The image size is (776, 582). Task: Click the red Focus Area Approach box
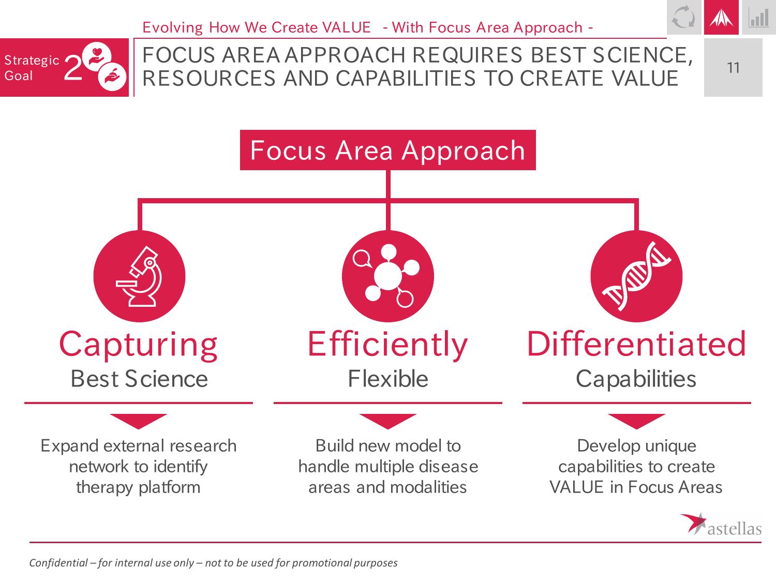pyautogui.click(x=388, y=150)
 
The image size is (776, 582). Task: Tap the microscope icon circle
pyautogui.click(x=139, y=276)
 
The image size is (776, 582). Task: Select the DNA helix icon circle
pyautogui.click(x=636, y=276)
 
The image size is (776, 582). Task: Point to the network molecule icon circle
pyautogui.click(x=388, y=276)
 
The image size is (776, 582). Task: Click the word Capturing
pyautogui.click(x=138, y=345)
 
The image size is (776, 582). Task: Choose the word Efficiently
pyautogui.click(x=388, y=345)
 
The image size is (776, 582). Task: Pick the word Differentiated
pyautogui.click(x=636, y=344)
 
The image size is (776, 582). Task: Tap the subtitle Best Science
pyautogui.click(x=139, y=379)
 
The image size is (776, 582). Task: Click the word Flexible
pyautogui.click(x=388, y=379)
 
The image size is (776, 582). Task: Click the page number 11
pyautogui.click(x=733, y=68)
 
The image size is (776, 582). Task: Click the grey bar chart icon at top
pyautogui.click(x=759, y=18)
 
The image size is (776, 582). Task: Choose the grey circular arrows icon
pyautogui.click(x=684, y=17)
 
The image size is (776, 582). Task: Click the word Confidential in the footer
pyautogui.click(x=58, y=562)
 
